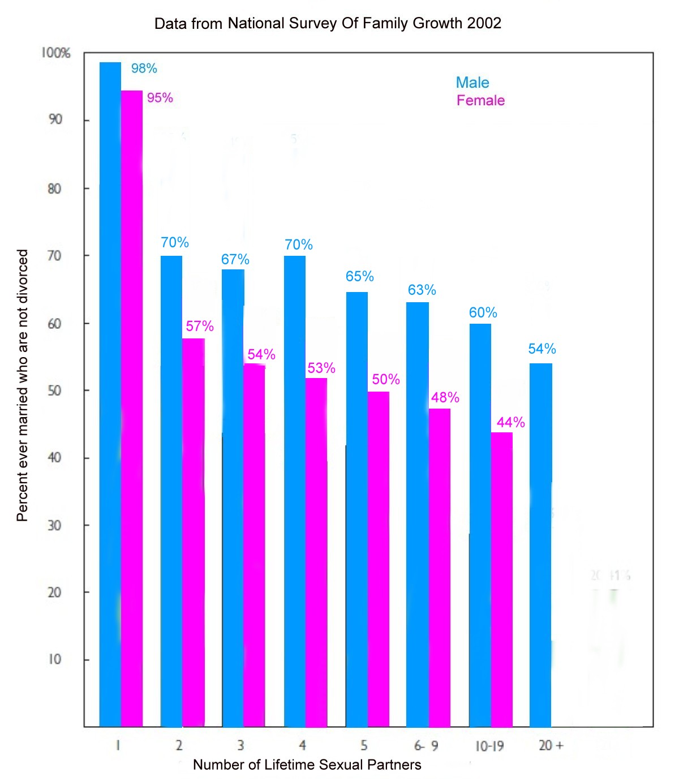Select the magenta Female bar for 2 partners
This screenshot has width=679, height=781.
coord(194,532)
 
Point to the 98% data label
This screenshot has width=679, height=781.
coord(144,68)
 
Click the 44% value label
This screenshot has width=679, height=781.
coord(510,422)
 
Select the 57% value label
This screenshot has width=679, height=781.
coord(200,326)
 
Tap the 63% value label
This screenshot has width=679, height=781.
coord(422,290)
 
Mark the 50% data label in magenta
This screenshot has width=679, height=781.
coord(386,379)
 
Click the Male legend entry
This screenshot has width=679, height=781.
coord(472,83)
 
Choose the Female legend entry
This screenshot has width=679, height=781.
coord(480,101)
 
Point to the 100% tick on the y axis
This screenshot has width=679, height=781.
coord(55,53)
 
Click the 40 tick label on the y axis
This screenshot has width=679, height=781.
coord(54,457)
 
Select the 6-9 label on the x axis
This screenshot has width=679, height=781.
coord(426,745)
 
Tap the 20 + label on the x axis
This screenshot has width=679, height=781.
coord(551,745)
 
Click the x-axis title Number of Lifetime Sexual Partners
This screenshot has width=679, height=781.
coord(307,765)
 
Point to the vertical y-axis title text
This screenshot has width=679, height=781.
coord(22,385)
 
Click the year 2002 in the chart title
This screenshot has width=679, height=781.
coord(484,23)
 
